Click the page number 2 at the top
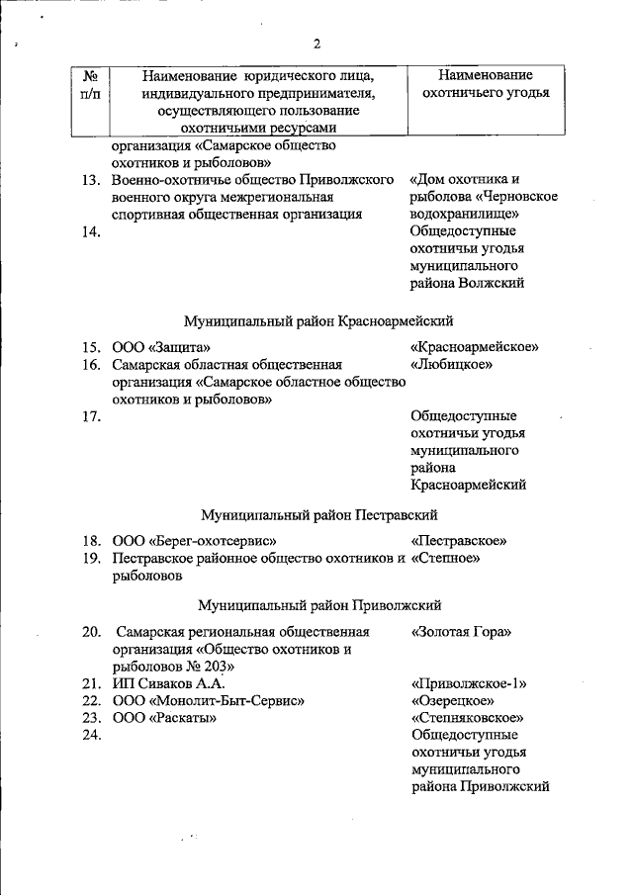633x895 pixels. [317, 44]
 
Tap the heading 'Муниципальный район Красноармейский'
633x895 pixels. [317, 320]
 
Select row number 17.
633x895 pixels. [91, 416]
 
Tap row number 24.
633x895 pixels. [91, 735]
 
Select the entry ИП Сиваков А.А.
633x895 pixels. [169, 682]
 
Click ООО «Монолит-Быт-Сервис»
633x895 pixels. [208, 700]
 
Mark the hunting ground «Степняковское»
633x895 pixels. [466, 718]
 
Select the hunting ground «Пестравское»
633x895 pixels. [458, 541]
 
